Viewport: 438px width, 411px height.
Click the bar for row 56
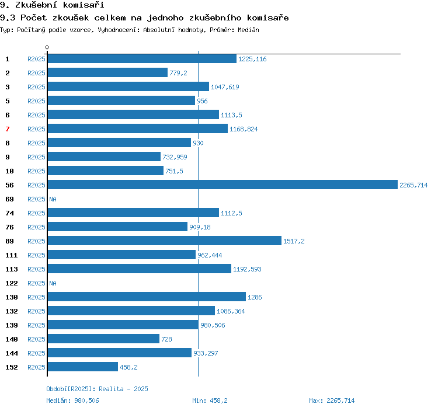pos(223,184)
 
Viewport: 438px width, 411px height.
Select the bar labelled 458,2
pos(83,367)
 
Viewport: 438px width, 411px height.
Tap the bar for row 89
pos(165,241)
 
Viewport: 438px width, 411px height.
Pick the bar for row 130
pos(147,297)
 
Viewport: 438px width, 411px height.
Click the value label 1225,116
pos(252,59)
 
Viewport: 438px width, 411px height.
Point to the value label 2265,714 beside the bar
pos(413,185)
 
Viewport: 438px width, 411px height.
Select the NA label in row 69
pos(53,199)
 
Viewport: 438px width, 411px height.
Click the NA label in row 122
pos(53,283)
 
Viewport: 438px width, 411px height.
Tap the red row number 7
pos(8,129)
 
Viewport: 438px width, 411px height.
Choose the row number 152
pos(12,367)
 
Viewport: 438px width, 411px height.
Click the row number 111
pos(12,255)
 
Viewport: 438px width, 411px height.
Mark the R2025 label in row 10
pos(36,171)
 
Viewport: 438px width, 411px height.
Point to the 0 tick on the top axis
pos(47,47)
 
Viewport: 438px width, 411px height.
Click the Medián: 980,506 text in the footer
pos(72,400)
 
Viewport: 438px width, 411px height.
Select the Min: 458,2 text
pos(210,400)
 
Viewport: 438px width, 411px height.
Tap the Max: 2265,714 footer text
pos(332,400)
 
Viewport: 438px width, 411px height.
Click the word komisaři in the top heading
pos(84,5)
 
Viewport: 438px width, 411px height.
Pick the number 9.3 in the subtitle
pos(8,18)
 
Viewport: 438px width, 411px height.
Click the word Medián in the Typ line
pos(248,30)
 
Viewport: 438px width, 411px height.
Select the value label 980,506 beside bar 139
pos(213,325)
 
